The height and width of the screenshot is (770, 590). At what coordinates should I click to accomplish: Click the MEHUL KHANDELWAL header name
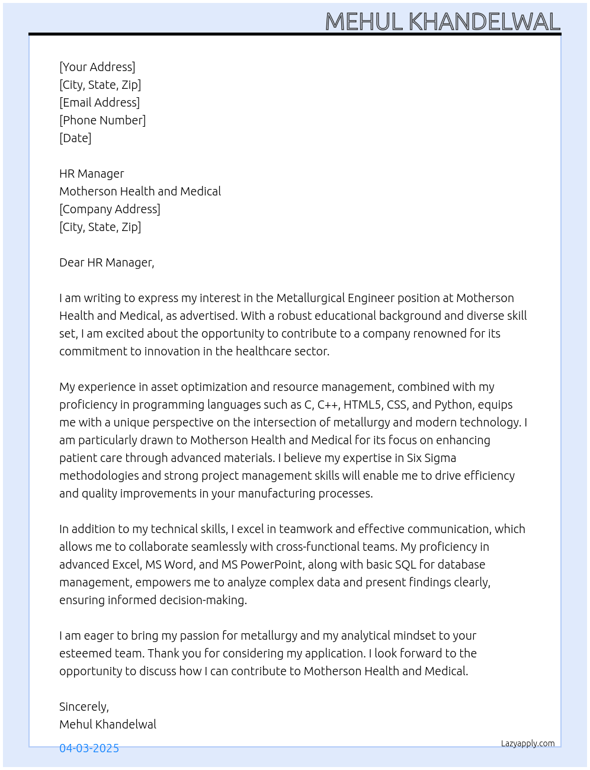[443, 22]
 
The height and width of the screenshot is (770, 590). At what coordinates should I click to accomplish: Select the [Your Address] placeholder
[97, 67]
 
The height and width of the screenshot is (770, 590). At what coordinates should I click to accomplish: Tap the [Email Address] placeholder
[100, 102]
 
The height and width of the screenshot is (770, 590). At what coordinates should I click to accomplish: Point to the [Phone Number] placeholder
[102, 120]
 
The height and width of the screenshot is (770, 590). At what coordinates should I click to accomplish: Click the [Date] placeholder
[75, 138]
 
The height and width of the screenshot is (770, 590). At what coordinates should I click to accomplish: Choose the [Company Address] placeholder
[110, 209]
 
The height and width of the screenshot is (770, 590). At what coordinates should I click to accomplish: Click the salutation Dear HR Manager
[107, 262]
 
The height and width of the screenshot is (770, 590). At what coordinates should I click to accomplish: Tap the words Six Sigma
[431, 458]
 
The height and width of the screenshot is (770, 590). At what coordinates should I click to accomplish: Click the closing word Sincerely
[84, 707]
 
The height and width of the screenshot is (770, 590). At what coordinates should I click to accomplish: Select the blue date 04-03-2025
[89, 748]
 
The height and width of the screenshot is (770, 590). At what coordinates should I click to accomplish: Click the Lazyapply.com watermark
[528, 743]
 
